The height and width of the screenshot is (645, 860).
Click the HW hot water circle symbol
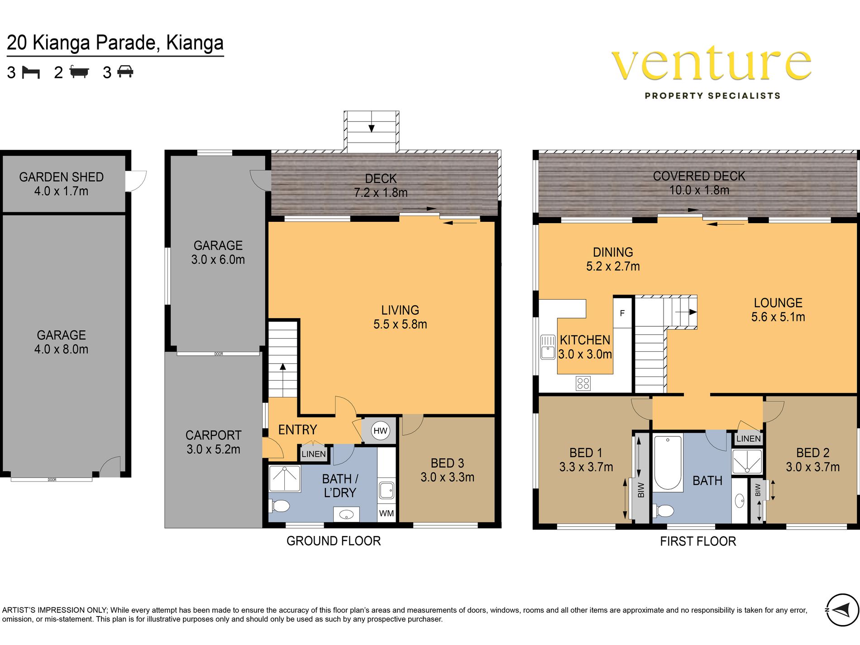(x=380, y=430)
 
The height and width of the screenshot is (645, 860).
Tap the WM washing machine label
(x=387, y=513)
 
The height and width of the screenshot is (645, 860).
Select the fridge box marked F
(x=622, y=313)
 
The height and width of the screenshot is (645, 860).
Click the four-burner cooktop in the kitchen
(x=583, y=383)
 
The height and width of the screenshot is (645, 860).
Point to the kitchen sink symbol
(x=548, y=347)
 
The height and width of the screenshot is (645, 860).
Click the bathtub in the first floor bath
(x=668, y=463)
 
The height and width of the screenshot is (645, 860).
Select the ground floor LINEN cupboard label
(x=314, y=454)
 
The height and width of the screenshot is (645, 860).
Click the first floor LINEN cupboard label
(x=748, y=439)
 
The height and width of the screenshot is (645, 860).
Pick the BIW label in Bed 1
(x=641, y=490)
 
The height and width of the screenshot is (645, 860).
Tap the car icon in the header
(x=125, y=72)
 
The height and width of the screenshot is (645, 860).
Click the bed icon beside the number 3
(x=31, y=72)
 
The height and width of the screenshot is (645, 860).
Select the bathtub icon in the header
(x=80, y=72)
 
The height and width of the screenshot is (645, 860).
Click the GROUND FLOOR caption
(x=334, y=541)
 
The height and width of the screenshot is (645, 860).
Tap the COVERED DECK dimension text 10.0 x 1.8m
(x=699, y=190)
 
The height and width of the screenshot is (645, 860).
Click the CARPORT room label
(x=214, y=435)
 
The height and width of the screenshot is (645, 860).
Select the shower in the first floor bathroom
(x=747, y=461)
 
